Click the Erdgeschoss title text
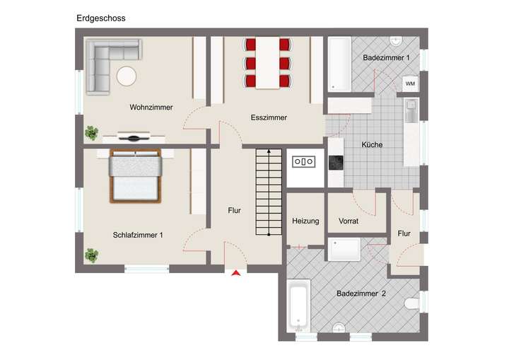coord(101,18)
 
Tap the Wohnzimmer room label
coord(151,108)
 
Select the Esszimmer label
coord(269,117)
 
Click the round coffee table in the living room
coord(127,76)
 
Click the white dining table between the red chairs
coord(267,62)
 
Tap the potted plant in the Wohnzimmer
coord(91,132)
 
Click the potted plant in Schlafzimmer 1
coord(91,255)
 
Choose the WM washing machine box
coord(410,83)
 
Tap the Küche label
coord(372,145)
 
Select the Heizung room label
coord(305,221)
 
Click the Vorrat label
coord(349,221)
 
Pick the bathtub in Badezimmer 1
coord(340,65)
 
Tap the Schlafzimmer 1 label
coord(138,235)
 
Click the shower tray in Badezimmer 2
coord(342,248)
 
